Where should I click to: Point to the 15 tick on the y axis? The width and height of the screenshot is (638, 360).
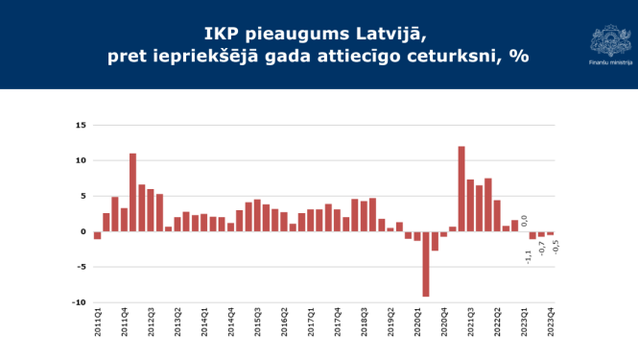(x=82, y=125)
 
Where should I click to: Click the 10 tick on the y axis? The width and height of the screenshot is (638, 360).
(x=82, y=160)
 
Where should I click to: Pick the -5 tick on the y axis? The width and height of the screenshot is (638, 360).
(x=82, y=267)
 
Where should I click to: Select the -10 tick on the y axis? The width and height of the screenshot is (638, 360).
(x=80, y=302)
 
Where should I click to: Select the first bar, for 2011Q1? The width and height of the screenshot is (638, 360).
(x=97, y=235)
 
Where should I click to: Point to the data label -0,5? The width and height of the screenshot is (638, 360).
(x=555, y=246)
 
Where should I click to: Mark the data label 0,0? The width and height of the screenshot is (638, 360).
(x=524, y=221)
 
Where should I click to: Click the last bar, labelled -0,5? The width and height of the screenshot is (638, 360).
(x=551, y=233)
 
